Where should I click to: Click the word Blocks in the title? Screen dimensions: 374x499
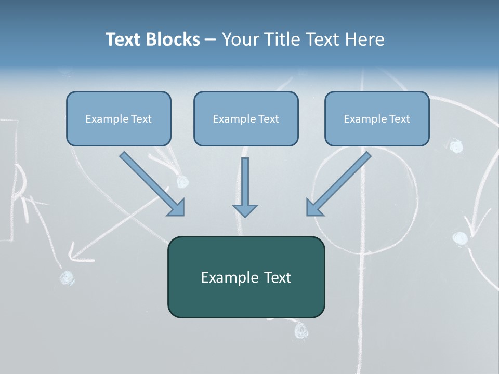coord(173,39)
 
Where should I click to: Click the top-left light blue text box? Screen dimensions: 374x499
coord(119,118)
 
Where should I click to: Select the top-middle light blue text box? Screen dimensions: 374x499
coord(246,118)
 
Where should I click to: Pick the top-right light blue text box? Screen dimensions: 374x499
coord(377,118)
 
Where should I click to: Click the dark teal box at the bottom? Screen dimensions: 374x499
coord(246,277)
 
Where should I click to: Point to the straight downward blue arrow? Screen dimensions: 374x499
coord(245,187)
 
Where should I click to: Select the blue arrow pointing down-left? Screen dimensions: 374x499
coord(338,184)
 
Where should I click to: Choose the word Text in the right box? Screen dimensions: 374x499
coord(399,119)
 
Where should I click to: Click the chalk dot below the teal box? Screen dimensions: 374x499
coord(300,330)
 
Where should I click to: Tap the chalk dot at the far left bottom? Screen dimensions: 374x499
coord(67,278)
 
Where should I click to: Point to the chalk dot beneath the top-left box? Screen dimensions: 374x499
coord(182,181)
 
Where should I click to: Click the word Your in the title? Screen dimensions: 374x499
coord(240,39)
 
